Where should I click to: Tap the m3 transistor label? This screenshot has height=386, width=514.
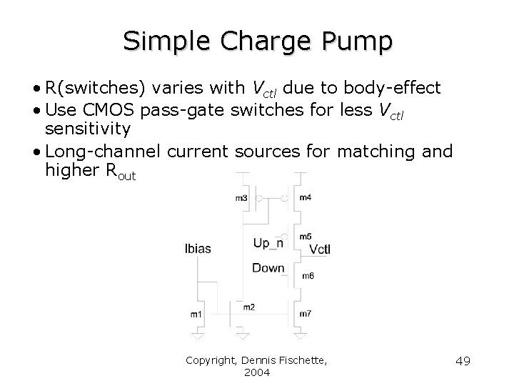tap(241, 198)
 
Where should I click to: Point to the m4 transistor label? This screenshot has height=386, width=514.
tap(306, 197)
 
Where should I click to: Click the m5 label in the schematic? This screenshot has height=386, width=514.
tap(306, 237)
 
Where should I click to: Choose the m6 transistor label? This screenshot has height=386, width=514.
tap(308, 275)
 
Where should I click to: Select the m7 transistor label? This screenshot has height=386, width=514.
tap(306, 314)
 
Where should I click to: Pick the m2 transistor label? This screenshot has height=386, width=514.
tap(248, 307)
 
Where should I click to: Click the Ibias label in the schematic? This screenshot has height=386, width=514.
tap(198, 249)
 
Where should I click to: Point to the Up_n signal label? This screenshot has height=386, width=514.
tap(268, 244)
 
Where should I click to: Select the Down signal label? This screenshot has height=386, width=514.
tap(268, 268)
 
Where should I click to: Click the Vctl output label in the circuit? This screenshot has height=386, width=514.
tap(320, 249)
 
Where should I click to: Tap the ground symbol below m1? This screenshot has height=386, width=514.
tap(198, 334)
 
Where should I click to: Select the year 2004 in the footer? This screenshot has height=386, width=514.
tap(256, 372)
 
